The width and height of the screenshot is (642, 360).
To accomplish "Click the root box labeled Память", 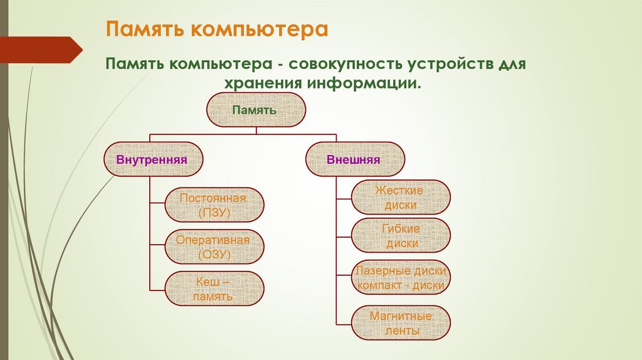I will click(x=256, y=110).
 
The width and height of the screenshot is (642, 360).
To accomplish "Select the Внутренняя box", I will click(x=152, y=159).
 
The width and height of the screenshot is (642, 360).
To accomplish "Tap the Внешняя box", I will click(x=354, y=159).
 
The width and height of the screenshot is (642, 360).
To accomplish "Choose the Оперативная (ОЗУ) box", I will click(x=214, y=247).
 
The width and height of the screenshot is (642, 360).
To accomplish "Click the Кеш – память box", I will click(x=214, y=289).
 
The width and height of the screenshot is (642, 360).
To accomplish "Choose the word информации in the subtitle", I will click(x=360, y=83).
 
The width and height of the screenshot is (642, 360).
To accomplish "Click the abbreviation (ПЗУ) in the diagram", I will click(x=214, y=213).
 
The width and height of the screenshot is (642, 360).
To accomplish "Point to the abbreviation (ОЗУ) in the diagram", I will click(x=214, y=255).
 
